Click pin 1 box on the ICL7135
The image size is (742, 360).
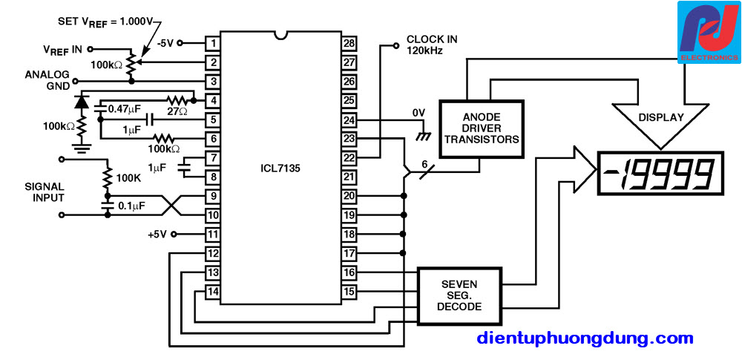click(213, 44)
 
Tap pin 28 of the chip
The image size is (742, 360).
click(349, 44)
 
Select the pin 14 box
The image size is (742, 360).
click(213, 292)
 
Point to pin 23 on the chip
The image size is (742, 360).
click(349, 140)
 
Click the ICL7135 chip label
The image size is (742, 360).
click(281, 167)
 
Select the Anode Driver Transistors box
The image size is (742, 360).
click(482, 128)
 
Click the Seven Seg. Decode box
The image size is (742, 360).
click(459, 295)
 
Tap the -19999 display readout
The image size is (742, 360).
click(660, 174)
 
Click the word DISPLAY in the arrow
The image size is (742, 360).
click(660, 117)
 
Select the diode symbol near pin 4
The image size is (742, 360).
click(82, 102)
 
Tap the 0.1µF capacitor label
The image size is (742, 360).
click(131, 206)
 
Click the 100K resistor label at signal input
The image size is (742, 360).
click(129, 177)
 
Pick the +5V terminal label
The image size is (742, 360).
click(158, 234)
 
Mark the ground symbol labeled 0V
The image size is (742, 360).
click(424, 136)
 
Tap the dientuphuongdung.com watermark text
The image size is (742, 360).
click(585, 338)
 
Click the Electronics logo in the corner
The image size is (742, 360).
click(709, 32)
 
